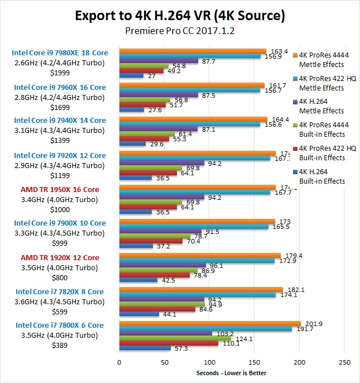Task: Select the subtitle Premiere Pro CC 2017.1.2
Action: tap(180, 31)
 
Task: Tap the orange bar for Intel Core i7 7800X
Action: tap(210, 324)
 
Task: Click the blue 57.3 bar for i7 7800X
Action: tap(145, 348)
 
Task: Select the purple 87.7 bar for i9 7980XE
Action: tap(159, 61)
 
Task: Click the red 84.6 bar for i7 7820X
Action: tap(157, 309)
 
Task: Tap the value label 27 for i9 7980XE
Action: tap(150, 76)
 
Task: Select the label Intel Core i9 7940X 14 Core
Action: tap(60, 120)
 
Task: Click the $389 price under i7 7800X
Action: tap(60, 346)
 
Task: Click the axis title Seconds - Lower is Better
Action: tap(231, 373)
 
